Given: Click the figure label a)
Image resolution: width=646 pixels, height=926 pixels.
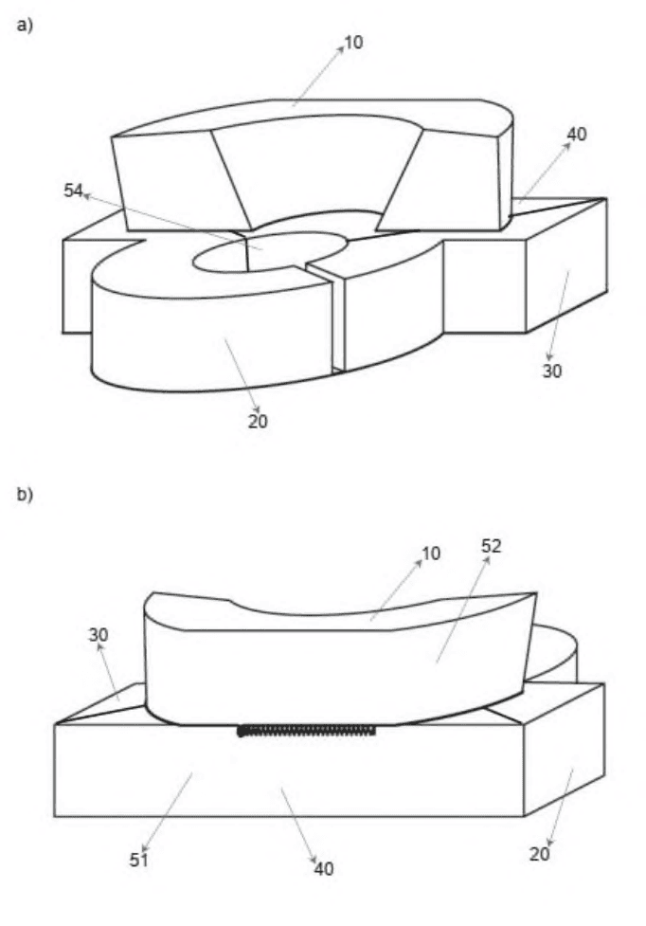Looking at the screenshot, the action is click(25, 26).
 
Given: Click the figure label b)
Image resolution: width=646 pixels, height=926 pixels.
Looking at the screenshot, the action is click(25, 495).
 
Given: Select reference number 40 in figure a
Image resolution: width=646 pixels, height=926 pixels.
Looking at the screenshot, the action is click(577, 135).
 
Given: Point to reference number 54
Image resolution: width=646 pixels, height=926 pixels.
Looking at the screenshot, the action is click(73, 191).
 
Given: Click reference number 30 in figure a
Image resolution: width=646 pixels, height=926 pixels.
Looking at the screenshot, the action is click(551, 371).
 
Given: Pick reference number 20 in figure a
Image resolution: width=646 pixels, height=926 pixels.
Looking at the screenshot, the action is click(258, 421).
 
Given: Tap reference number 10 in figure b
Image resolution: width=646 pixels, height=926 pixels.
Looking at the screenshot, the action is click(431, 554).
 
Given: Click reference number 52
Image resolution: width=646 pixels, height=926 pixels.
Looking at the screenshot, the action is click(491, 546).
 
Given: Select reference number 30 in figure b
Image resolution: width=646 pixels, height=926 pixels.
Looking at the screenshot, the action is click(99, 635).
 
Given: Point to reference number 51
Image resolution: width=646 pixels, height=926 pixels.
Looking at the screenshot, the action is click(138, 860).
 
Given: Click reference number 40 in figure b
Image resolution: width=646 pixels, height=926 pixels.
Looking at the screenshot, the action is click(323, 869).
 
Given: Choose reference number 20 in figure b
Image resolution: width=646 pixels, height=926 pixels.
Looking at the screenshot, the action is click(539, 854).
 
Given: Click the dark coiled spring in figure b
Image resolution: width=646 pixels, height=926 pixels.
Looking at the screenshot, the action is click(306, 731).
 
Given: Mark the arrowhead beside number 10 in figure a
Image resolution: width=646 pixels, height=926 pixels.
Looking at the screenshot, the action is click(341, 49).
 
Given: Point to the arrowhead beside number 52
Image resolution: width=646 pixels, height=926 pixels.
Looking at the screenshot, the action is click(487, 559).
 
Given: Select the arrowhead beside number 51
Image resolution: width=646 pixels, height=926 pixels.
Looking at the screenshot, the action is click(144, 848).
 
